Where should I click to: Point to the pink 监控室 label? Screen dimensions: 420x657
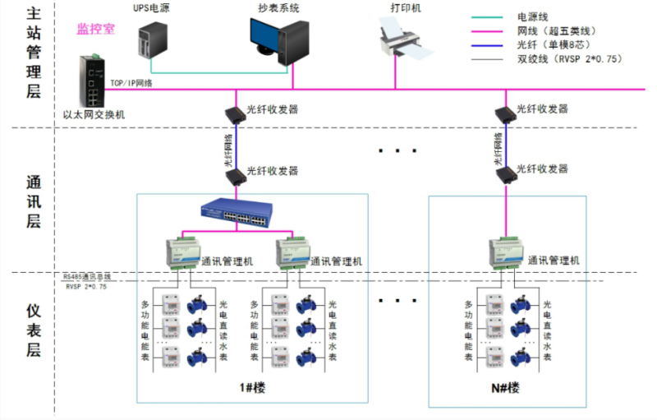click(x=95, y=30)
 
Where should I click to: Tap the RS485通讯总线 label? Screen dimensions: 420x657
click(x=87, y=278)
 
